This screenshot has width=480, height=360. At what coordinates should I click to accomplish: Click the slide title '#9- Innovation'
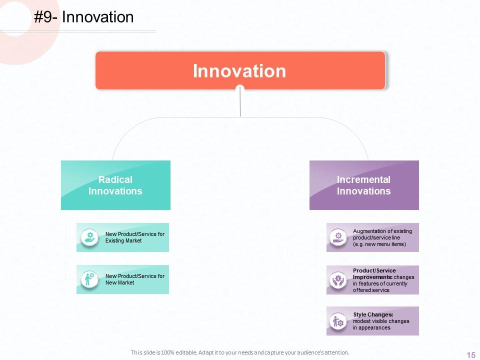(x=84, y=17)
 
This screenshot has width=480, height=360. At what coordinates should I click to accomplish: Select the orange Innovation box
(x=240, y=70)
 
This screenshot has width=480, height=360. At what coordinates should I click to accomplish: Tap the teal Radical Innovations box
(x=115, y=185)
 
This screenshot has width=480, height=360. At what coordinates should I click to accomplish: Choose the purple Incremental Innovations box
(x=364, y=185)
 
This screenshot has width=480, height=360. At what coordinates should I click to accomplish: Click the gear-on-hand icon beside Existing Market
(x=90, y=237)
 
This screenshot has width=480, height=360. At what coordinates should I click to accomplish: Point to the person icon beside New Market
(x=90, y=279)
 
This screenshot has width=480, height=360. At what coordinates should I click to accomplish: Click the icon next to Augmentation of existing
(x=338, y=237)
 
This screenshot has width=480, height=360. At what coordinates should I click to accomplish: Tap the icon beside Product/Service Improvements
(x=338, y=279)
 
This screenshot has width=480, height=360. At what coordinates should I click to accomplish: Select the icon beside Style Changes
(x=338, y=321)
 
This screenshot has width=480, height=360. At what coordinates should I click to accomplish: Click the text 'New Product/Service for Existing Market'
(x=134, y=237)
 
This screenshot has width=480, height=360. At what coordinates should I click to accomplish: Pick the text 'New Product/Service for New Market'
(x=134, y=279)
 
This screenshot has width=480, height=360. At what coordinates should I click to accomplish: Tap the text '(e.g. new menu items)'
(x=379, y=244)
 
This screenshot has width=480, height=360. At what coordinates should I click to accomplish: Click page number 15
(x=470, y=355)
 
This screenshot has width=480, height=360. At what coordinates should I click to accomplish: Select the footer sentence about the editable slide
(x=240, y=352)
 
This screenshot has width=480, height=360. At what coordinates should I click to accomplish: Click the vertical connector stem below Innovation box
(x=240, y=102)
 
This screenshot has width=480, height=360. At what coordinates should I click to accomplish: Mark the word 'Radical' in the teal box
(x=115, y=179)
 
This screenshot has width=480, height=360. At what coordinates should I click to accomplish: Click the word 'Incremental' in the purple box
(x=363, y=179)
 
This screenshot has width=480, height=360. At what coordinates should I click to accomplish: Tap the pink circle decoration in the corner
(x=12, y=50)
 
